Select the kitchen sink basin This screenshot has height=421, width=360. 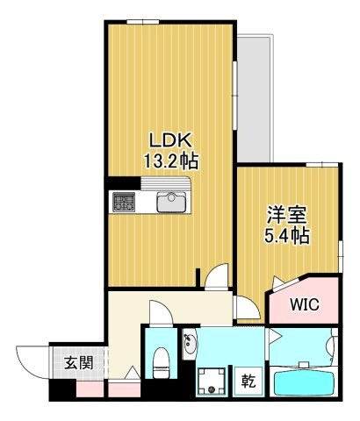[171, 203]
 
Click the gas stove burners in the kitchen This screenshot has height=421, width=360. [123, 203]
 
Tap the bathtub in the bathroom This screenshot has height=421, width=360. [306, 383]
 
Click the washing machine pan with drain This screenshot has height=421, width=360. [211, 381]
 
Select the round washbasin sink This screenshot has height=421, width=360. [191, 348]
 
